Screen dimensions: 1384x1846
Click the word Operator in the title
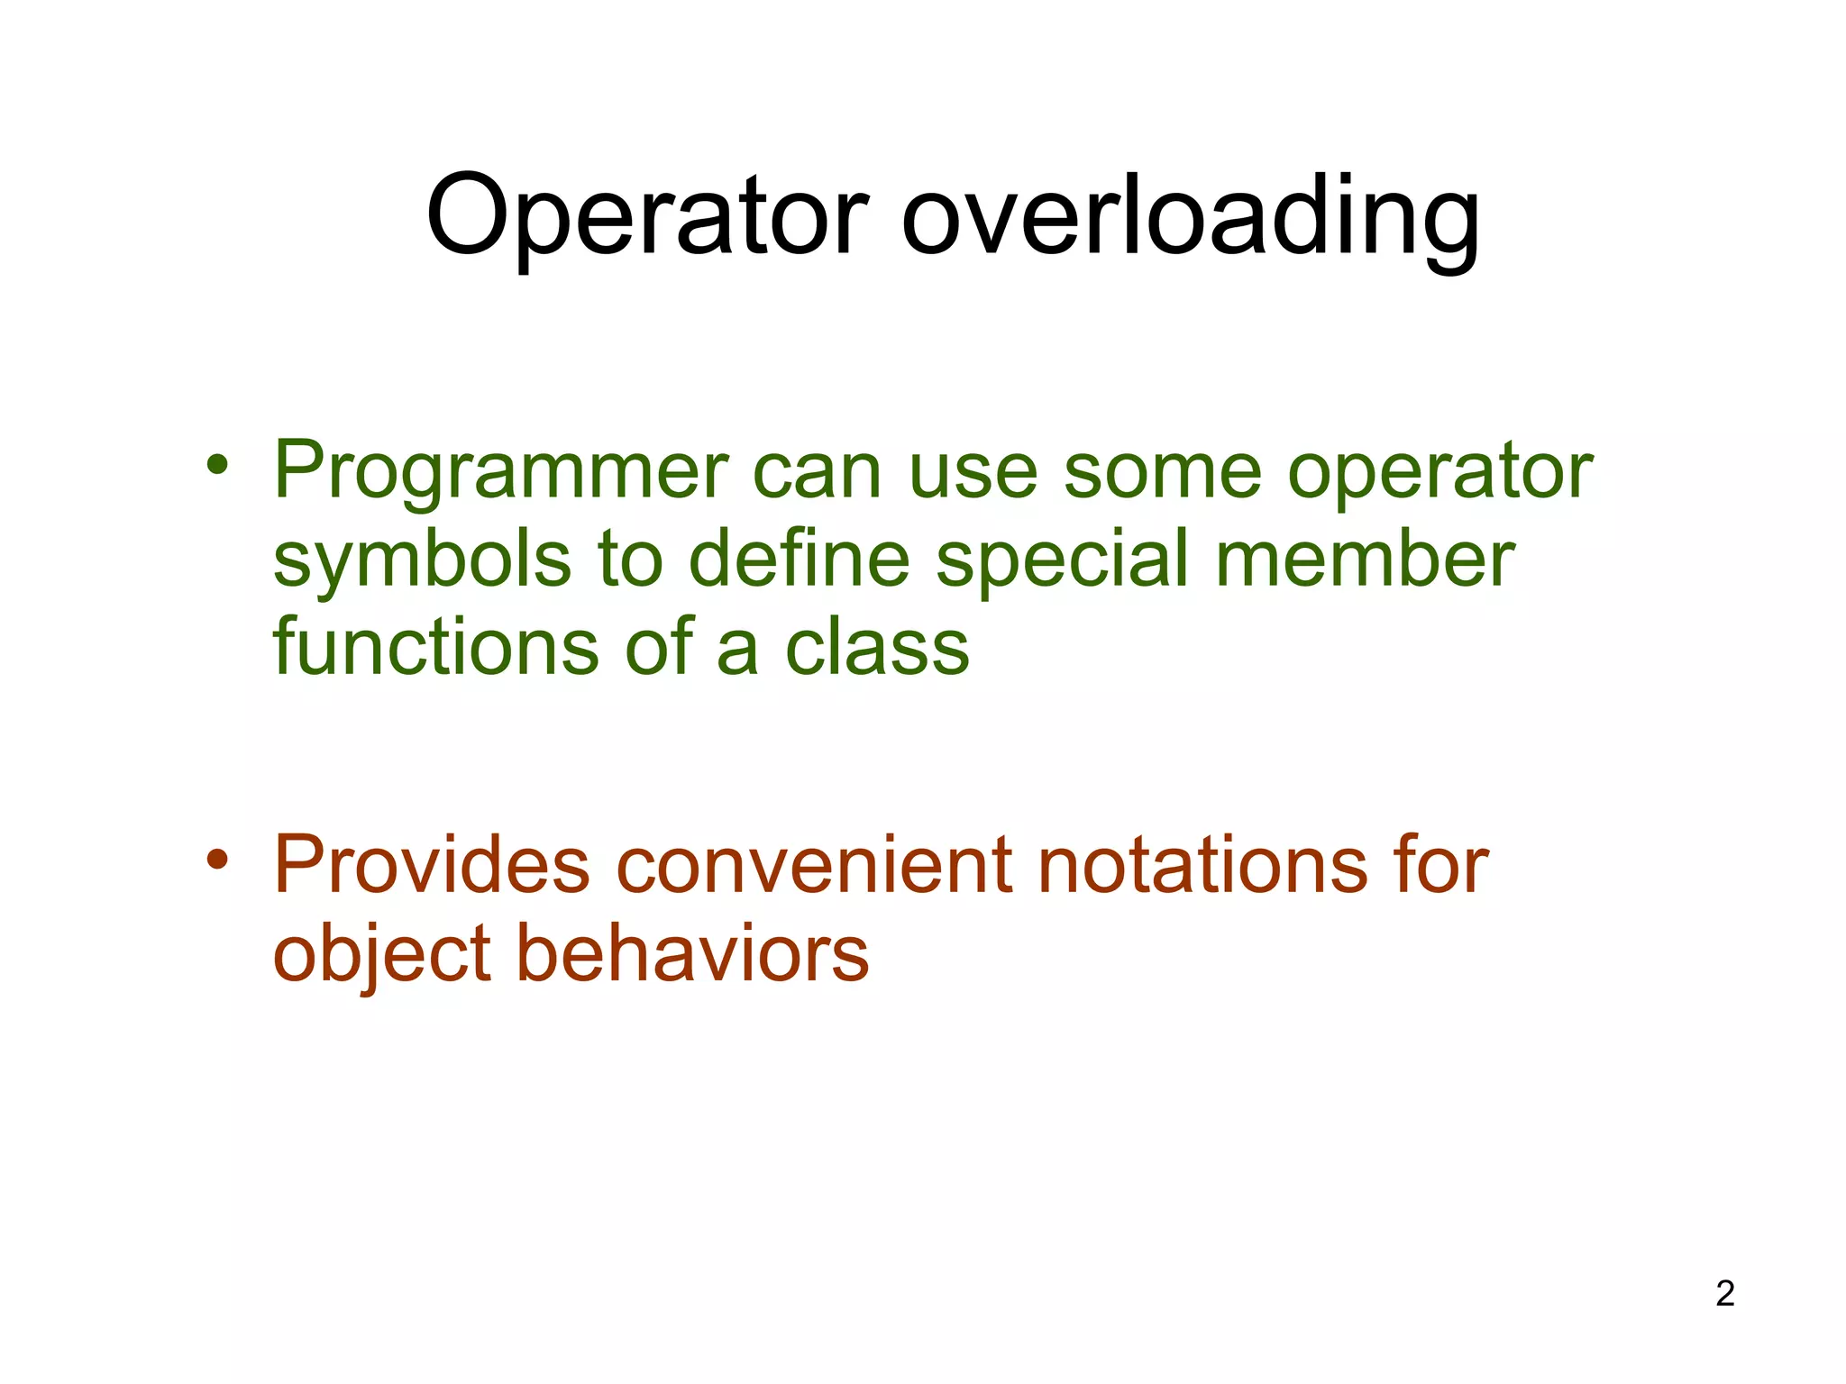click(x=647, y=216)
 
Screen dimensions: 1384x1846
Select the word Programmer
click(x=501, y=470)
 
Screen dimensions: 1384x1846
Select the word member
click(x=1365, y=559)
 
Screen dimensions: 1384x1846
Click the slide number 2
click(x=1724, y=1294)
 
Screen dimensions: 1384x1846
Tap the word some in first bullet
click(x=1163, y=472)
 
